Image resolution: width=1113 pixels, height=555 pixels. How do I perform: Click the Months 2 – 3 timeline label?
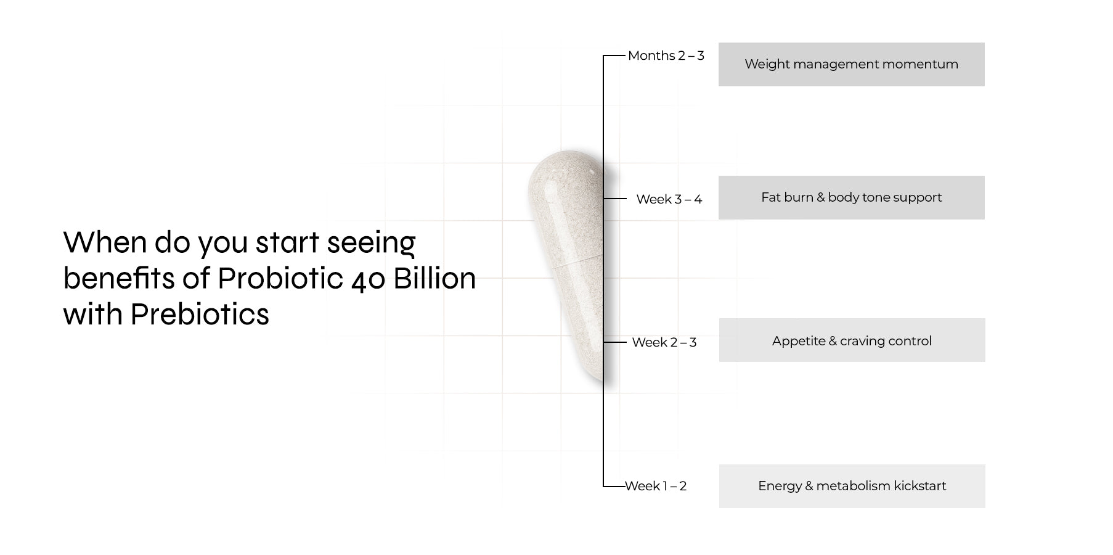[x=666, y=55]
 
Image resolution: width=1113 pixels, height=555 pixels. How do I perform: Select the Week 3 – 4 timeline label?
[x=669, y=199]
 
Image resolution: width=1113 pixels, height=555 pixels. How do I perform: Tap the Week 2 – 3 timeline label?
[x=664, y=342]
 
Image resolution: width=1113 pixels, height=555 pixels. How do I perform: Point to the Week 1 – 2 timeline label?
[x=656, y=486]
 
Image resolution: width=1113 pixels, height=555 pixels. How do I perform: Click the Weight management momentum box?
[x=852, y=64]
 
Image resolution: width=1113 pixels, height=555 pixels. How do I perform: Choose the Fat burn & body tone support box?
[x=852, y=197]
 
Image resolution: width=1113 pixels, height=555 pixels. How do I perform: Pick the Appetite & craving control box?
[x=852, y=340]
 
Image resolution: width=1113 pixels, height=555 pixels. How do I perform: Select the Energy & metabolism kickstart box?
[x=852, y=486]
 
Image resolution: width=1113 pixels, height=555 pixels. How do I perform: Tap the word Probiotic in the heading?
[x=280, y=278]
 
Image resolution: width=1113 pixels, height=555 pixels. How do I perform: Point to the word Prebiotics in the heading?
[x=200, y=314]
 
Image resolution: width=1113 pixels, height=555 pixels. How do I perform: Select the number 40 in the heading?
[x=369, y=279]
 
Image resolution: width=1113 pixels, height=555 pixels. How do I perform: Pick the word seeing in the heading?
[x=371, y=244]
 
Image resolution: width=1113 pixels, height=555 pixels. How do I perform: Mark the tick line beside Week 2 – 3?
[x=615, y=342]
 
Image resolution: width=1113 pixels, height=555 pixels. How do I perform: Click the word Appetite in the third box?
[x=799, y=342]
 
